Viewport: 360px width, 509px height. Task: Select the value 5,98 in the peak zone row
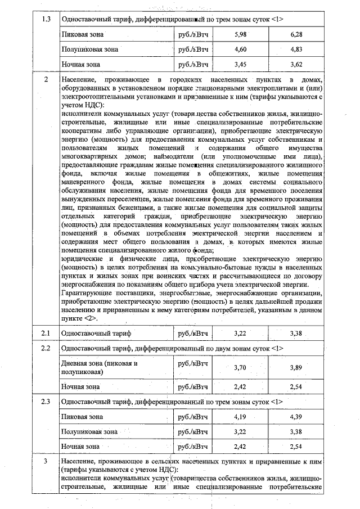click(x=240, y=35)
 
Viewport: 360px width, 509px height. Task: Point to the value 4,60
click(x=240, y=49)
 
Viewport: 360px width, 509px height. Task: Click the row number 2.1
click(x=47, y=334)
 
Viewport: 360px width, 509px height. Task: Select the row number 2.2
click(x=47, y=348)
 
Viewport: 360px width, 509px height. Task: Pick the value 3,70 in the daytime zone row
click(x=240, y=367)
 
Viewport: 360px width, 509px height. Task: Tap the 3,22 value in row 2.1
click(x=240, y=334)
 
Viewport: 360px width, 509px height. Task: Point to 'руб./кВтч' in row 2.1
click(x=192, y=334)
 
